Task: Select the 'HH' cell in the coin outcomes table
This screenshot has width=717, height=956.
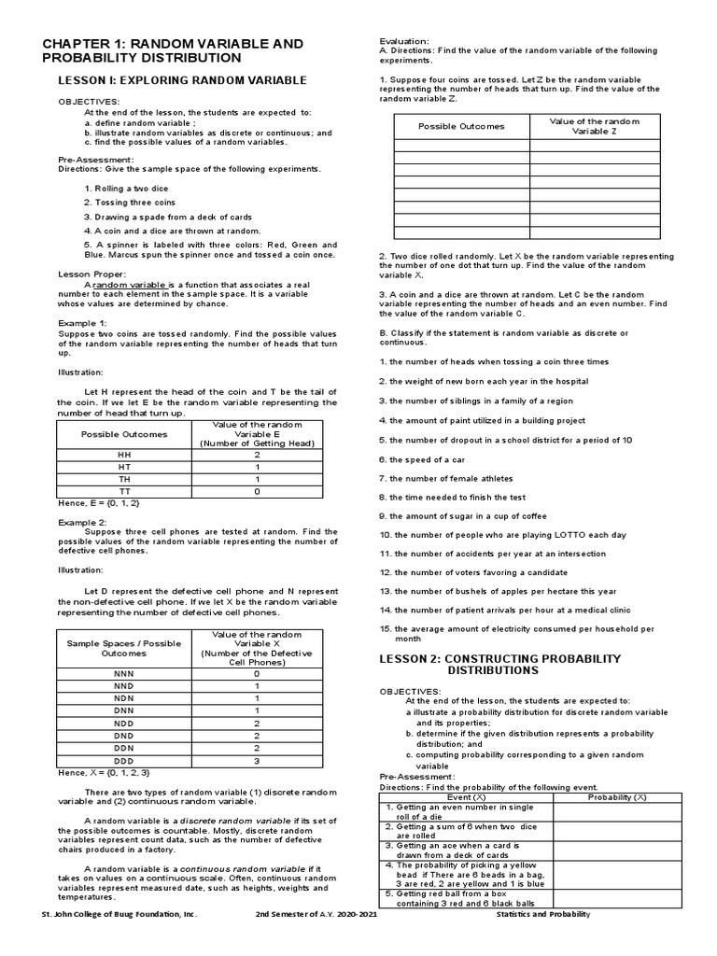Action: (x=124, y=454)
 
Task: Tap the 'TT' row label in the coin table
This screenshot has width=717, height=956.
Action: (x=124, y=490)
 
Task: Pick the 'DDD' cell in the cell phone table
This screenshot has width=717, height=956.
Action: (x=124, y=761)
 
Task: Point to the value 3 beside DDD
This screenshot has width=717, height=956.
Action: (x=256, y=761)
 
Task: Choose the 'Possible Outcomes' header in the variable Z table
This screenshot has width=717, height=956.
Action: (x=461, y=126)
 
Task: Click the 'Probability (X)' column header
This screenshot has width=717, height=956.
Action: (x=616, y=797)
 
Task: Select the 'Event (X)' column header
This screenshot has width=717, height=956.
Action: (x=466, y=797)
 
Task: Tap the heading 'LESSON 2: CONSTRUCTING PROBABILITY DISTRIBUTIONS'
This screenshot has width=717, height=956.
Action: (x=499, y=664)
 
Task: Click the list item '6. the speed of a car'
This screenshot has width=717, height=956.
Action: (x=427, y=460)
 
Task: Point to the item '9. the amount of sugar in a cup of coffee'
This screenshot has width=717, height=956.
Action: (x=469, y=516)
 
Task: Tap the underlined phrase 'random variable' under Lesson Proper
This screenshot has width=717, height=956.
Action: (x=129, y=284)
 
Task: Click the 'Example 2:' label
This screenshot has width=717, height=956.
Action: (x=83, y=522)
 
